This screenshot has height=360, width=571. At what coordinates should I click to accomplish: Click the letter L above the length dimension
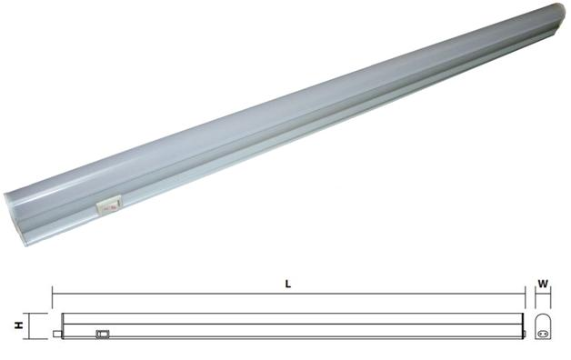[x=288, y=284]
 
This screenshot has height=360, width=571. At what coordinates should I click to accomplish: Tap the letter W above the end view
[x=543, y=284]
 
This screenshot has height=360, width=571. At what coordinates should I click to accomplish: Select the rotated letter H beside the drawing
[x=19, y=325]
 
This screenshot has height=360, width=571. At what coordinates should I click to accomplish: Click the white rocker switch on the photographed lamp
[x=108, y=206]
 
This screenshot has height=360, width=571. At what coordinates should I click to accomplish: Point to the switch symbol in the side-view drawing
[x=103, y=334]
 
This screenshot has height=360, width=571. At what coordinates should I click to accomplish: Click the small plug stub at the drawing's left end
[x=56, y=334]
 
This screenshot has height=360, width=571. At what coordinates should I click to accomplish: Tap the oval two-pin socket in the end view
[x=543, y=333]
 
